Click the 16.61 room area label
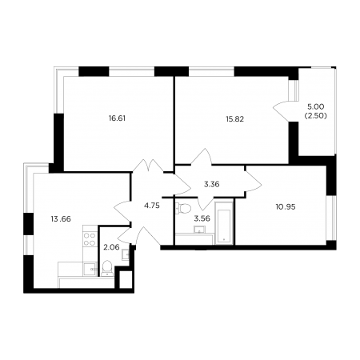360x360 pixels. [x=117, y=118]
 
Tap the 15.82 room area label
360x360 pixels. [x=235, y=119]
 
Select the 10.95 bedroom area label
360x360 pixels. [x=286, y=207]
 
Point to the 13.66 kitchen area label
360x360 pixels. [x=61, y=219]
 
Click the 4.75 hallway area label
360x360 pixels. [x=152, y=206]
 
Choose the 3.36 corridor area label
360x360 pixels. [x=212, y=184]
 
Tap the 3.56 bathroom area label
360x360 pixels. [x=202, y=218]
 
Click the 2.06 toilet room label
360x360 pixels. [x=111, y=247]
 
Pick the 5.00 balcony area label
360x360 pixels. [x=316, y=107]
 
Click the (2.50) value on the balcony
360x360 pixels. [x=316, y=116]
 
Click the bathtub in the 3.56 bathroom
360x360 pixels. [x=224, y=226]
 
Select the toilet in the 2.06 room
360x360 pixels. [x=107, y=268]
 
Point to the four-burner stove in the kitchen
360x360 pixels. [x=90, y=239]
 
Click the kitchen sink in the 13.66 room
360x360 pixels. [x=90, y=269]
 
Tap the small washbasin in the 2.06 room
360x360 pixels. [x=126, y=254]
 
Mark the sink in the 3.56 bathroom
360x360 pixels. [x=199, y=230]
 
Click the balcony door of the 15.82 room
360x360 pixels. [x=282, y=111]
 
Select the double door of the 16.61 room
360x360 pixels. [x=148, y=166]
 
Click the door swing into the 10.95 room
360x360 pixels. [x=253, y=181]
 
